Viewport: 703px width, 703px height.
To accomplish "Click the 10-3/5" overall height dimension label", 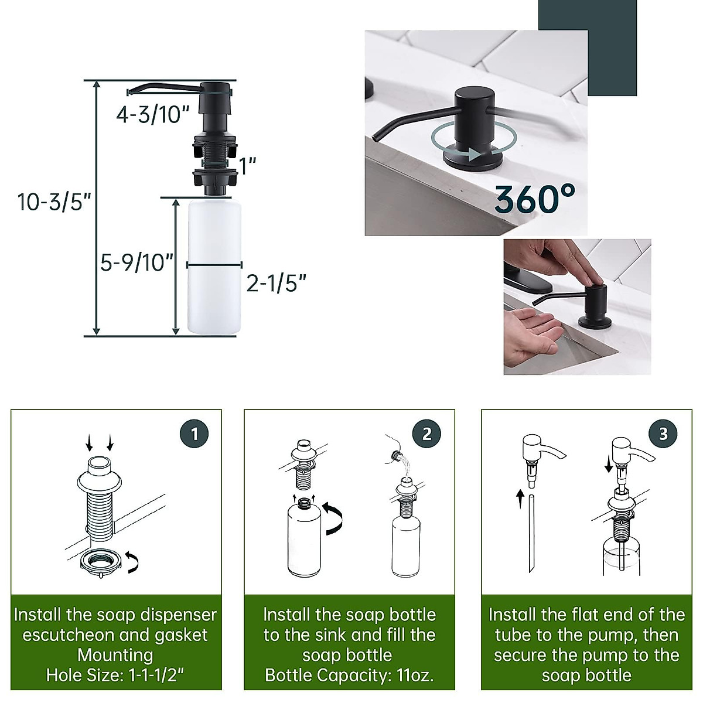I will click(54, 202).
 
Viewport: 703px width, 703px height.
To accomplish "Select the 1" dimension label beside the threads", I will click(248, 166).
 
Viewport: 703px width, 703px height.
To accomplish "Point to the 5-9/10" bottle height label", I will click(136, 262).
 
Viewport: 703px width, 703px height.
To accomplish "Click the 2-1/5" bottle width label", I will click(276, 284).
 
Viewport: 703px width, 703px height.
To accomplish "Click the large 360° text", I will click(534, 199).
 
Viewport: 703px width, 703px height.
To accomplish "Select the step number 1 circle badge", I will click(195, 434).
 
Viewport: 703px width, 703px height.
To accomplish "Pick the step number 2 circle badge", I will click(426, 434).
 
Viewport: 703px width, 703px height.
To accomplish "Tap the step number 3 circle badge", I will click(663, 434).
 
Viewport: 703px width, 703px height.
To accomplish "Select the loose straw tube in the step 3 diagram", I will click(531, 533).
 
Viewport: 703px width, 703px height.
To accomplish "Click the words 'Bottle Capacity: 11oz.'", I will click(349, 675).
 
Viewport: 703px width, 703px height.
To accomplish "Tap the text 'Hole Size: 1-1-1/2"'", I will click(115, 675).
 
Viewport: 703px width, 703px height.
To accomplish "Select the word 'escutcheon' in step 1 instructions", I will click(72, 635).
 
